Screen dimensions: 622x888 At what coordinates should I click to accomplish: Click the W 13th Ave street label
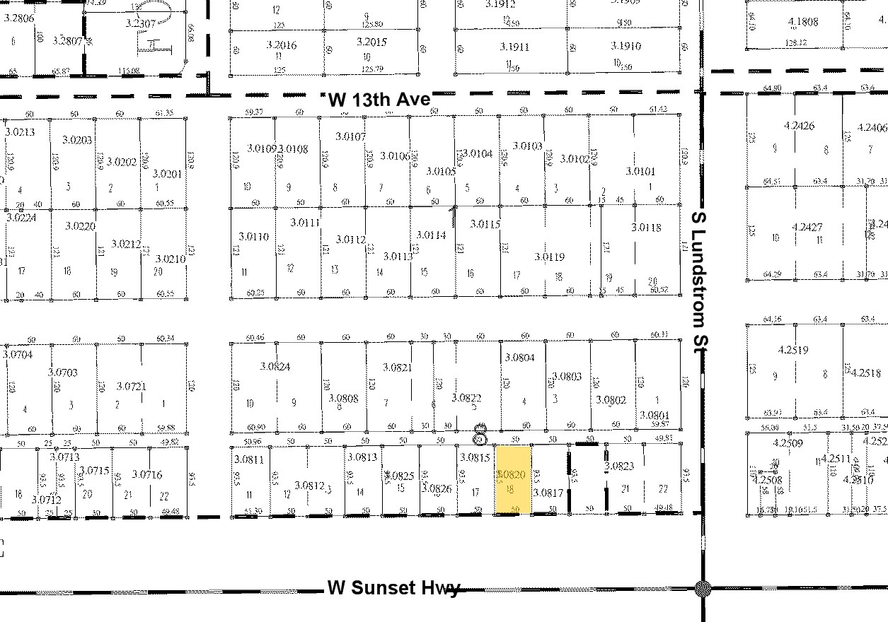tap(379, 100)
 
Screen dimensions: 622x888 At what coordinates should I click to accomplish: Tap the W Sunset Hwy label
tap(393, 588)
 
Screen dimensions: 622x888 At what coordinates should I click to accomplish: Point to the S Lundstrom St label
tap(700, 279)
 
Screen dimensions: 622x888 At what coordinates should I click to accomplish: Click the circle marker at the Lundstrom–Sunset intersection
tap(703, 588)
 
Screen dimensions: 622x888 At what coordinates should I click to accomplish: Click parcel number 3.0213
tap(20, 131)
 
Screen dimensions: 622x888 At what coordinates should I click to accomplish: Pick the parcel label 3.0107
tap(351, 136)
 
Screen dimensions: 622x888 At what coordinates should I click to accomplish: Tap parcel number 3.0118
tap(646, 228)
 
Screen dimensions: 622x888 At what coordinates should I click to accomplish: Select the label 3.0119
tap(550, 257)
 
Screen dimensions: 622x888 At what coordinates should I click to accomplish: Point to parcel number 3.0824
tap(275, 366)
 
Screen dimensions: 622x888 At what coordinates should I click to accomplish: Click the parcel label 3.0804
tap(520, 358)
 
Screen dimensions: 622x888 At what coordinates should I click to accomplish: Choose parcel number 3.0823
tap(619, 466)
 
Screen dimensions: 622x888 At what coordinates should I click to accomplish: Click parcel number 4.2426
tap(800, 126)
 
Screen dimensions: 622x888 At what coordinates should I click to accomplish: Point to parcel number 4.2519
tap(792, 350)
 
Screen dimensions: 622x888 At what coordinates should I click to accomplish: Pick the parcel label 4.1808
tap(803, 22)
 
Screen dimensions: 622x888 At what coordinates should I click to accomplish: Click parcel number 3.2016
tap(281, 45)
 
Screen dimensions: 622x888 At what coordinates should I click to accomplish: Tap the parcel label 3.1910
tap(626, 46)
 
